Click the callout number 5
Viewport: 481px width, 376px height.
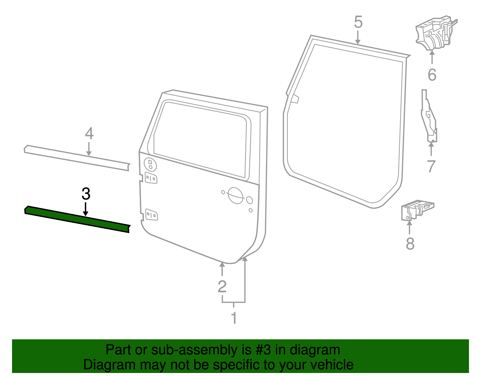[x=358, y=22]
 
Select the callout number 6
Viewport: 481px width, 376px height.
[x=432, y=75]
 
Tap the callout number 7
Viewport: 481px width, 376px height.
[x=431, y=166]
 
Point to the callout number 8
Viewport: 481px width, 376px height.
[x=410, y=244]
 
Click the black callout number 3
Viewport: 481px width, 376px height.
[x=86, y=194]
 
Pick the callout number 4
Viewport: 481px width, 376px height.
[x=89, y=133]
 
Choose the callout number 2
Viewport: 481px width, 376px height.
[x=222, y=286]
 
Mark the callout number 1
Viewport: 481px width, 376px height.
[x=234, y=318]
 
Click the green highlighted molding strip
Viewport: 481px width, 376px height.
[x=77, y=219]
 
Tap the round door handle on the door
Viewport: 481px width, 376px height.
[x=235, y=195]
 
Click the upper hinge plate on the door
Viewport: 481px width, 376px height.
[x=151, y=178]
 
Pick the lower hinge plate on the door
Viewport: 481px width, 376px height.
[x=152, y=215]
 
